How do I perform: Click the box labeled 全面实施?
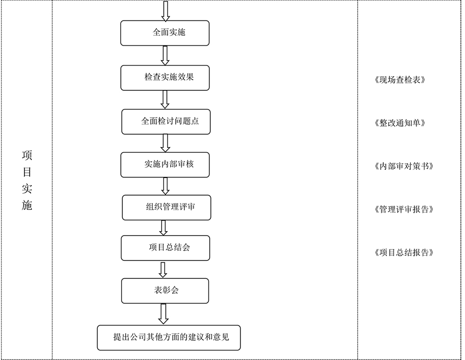tap(165, 33)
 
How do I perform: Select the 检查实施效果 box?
tap(165, 78)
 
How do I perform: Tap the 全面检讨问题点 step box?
tap(166, 122)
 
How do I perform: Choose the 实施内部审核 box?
tap(165, 165)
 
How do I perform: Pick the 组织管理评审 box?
tap(167, 208)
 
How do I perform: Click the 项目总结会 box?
tap(166, 248)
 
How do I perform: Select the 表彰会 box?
tap(165, 291)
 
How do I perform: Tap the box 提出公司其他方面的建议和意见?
tap(169, 337)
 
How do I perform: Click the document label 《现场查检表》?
tap(400, 80)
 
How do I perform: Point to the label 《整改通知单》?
tap(400, 123)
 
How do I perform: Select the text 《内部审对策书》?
tap(404, 166)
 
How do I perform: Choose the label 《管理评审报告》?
tap(404, 210)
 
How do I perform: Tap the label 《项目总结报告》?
tap(404, 253)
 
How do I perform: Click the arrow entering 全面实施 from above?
tap(166, 11)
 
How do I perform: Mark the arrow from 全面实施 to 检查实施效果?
tap(165, 56)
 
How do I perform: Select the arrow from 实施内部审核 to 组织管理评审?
tap(165, 186)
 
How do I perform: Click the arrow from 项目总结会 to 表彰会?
tap(163, 270)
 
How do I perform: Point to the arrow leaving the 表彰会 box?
tap(163, 314)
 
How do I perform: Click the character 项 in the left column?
tap(27, 155)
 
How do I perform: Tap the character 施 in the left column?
tap(27, 205)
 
